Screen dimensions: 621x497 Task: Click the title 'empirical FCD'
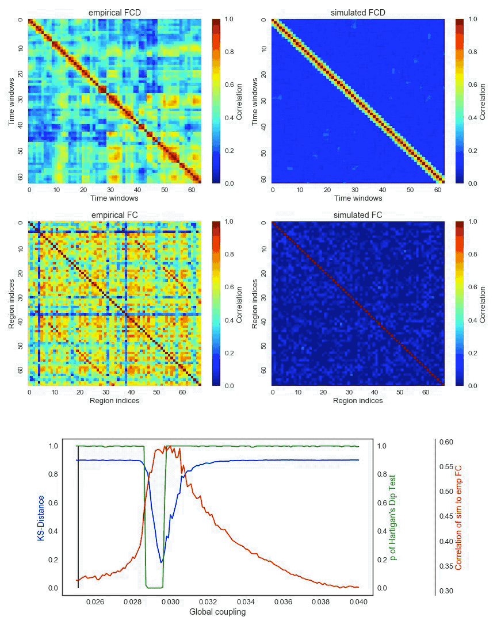[x=114, y=13]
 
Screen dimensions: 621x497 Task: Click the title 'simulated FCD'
[x=358, y=13]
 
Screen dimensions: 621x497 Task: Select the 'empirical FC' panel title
[x=114, y=216]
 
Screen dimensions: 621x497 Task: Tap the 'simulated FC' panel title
[x=358, y=216]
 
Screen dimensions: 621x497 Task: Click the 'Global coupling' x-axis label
[x=217, y=612]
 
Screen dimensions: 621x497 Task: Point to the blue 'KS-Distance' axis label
[x=41, y=519]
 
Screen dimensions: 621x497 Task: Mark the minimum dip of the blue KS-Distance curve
[x=162, y=562]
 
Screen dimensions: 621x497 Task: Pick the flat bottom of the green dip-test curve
[x=154, y=588]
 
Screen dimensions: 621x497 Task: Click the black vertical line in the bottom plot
[x=78, y=517]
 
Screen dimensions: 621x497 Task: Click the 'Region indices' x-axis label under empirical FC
[x=114, y=401]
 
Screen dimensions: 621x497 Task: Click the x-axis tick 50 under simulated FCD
[x=409, y=189]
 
